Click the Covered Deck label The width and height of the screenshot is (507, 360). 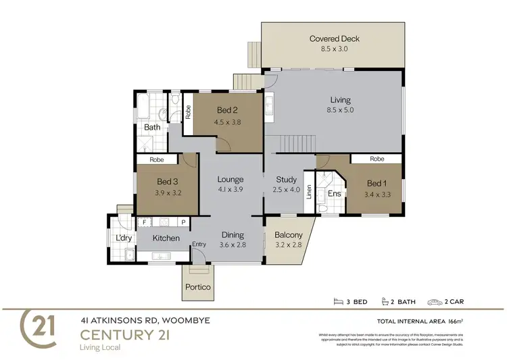[x=334, y=38]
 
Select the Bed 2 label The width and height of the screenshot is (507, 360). [x=227, y=111]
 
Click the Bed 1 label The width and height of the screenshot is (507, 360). [x=375, y=182]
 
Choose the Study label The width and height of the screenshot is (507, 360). [x=287, y=180]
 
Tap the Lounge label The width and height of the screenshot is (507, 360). [x=230, y=180]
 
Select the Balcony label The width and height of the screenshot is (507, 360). [x=288, y=235]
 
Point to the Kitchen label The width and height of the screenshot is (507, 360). [x=166, y=238]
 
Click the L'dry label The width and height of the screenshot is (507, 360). [x=123, y=238]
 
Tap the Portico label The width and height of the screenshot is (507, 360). [x=198, y=287]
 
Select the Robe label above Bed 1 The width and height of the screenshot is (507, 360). [x=377, y=159]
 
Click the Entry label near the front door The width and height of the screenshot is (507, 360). [x=199, y=244]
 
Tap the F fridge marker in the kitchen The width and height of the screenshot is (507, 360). [x=143, y=222]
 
